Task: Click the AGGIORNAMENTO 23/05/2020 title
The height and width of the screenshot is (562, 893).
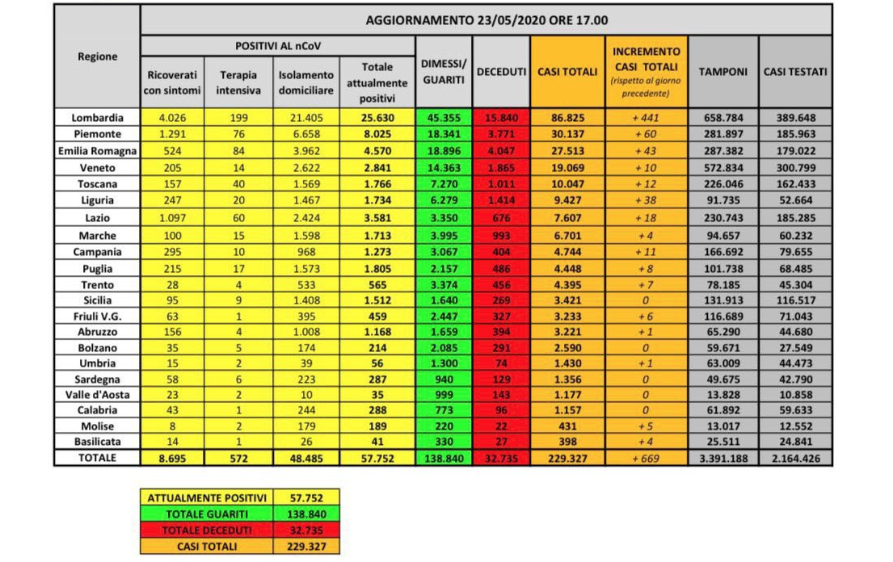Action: tap(487, 20)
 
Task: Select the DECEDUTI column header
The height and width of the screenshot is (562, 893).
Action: tap(501, 72)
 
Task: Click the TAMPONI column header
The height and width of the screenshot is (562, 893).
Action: tap(723, 72)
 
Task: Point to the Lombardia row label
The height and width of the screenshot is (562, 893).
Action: tap(97, 117)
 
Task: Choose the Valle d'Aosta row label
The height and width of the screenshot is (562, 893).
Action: tap(97, 394)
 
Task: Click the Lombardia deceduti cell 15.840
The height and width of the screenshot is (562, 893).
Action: tap(501, 117)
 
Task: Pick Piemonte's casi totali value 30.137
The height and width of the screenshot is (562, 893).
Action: tap(568, 134)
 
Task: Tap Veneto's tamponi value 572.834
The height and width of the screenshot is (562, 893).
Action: tap(723, 168)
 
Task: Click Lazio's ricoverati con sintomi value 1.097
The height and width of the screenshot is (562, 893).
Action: tap(172, 218)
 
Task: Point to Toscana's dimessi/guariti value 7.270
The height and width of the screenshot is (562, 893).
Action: tap(444, 184)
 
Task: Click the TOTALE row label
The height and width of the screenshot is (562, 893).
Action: tap(97, 458)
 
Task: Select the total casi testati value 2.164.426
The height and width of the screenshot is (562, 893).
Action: tap(796, 458)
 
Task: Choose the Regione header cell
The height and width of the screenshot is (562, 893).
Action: tap(97, 57)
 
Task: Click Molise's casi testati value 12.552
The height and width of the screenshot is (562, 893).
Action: tap(796, 426)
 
